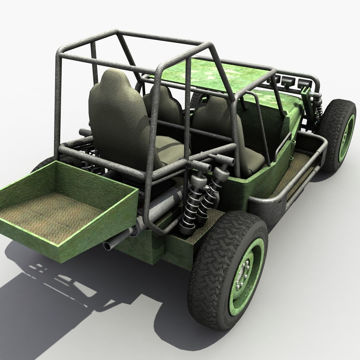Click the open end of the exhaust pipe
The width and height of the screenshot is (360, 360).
coord(108,246)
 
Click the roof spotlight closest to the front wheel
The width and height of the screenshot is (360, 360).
coord(302,82)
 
